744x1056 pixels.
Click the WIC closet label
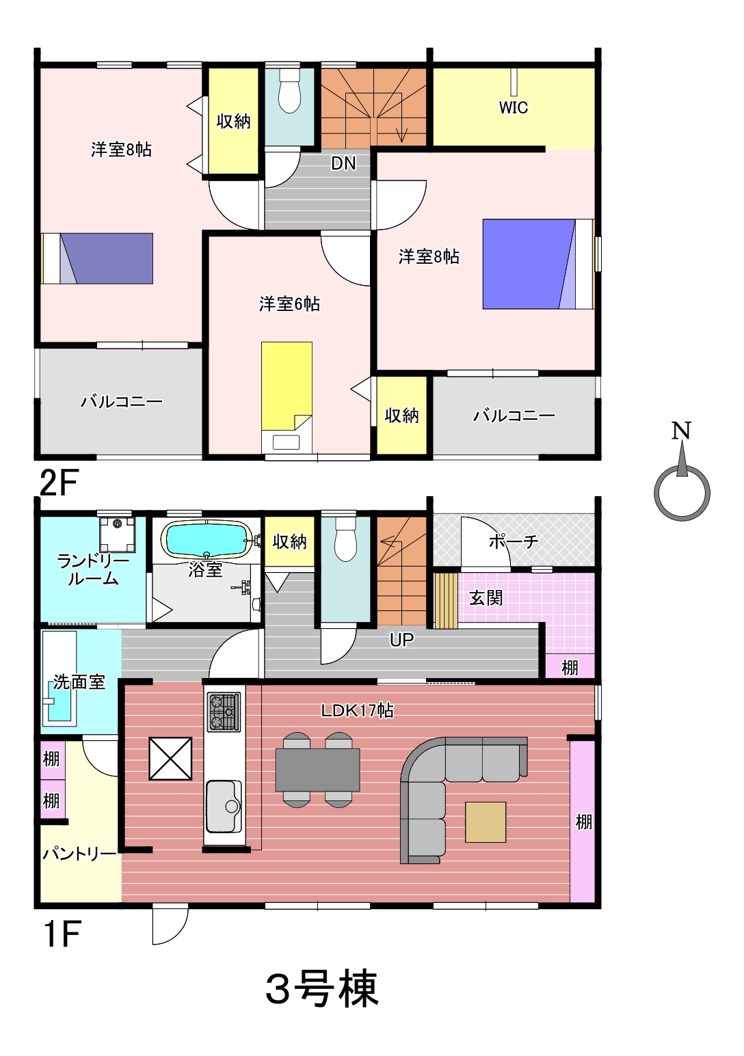coord(514,107)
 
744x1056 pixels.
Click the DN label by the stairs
coord(343,163)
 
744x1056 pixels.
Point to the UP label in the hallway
coord(401,640)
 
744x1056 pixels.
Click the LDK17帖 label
coord(357,710)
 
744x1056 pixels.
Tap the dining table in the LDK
coord(317,770)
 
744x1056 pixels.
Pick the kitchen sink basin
coord(224,807)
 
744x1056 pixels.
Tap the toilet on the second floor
coord(289,91)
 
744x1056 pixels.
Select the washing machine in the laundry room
coord(117,534)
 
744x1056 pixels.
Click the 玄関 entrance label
coord(486,598)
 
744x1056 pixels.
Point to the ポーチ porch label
coord(514,542)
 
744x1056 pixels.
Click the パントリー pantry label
coord(79,854)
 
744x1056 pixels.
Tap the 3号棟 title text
coord(322,988)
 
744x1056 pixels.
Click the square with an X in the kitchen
coord(170,759)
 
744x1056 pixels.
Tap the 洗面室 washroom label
coord(79,682)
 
